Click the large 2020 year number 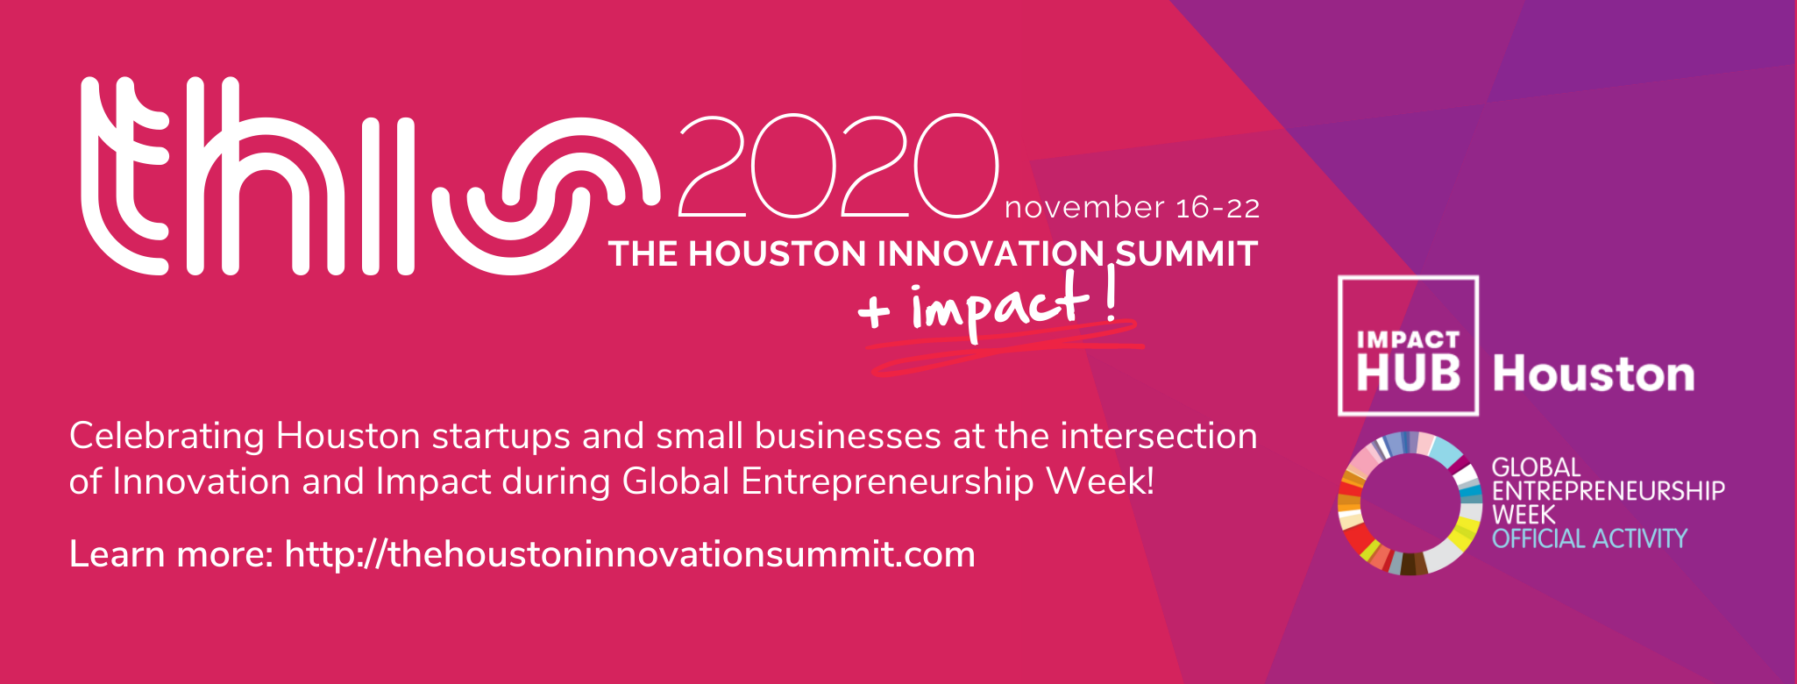click(x=838, y=166)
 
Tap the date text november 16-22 click(x=1132, y=208)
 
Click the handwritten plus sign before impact click(x=875, y=311)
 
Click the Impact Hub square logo click(x=1408, y=346)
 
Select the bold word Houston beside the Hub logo click(x=1594, y=374)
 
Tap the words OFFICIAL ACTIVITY click(x=1589, y=538)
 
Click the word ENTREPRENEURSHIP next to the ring click(x=1609, y=490)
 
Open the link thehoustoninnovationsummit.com click(x=629, y=554)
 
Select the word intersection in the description click(x=1159, y=436)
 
